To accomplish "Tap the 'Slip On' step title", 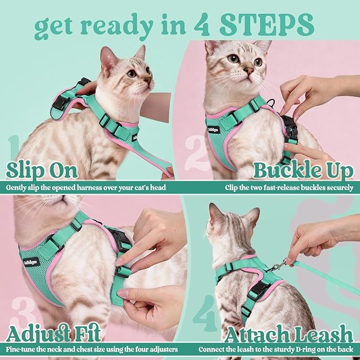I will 42,171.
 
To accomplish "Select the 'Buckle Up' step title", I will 303,171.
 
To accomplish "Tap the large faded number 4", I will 205,313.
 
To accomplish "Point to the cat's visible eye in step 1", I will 131,74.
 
